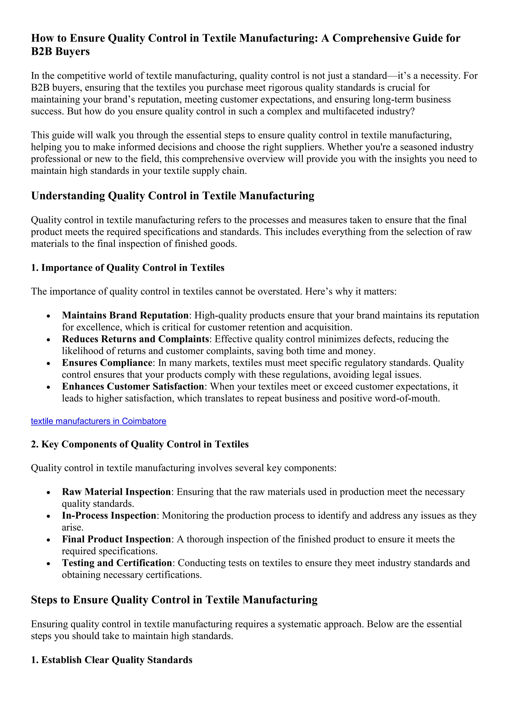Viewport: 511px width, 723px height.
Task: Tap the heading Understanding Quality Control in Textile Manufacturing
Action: (172, 196)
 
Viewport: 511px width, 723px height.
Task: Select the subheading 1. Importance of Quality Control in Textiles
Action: (128, 268)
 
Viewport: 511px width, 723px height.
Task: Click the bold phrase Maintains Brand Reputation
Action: (125, 315)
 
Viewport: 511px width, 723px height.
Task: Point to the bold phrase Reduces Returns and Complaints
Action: (135, 339)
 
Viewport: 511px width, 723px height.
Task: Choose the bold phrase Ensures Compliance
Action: (107, 363)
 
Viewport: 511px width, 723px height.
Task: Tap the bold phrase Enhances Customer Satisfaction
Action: (133, 386)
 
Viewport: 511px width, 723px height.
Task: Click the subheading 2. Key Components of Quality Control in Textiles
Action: (140, 444)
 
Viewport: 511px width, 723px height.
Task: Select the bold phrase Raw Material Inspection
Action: (116, 492)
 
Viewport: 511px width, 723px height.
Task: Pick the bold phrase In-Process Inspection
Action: (109, 516)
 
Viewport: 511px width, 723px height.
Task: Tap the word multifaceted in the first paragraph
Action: (335, 112)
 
